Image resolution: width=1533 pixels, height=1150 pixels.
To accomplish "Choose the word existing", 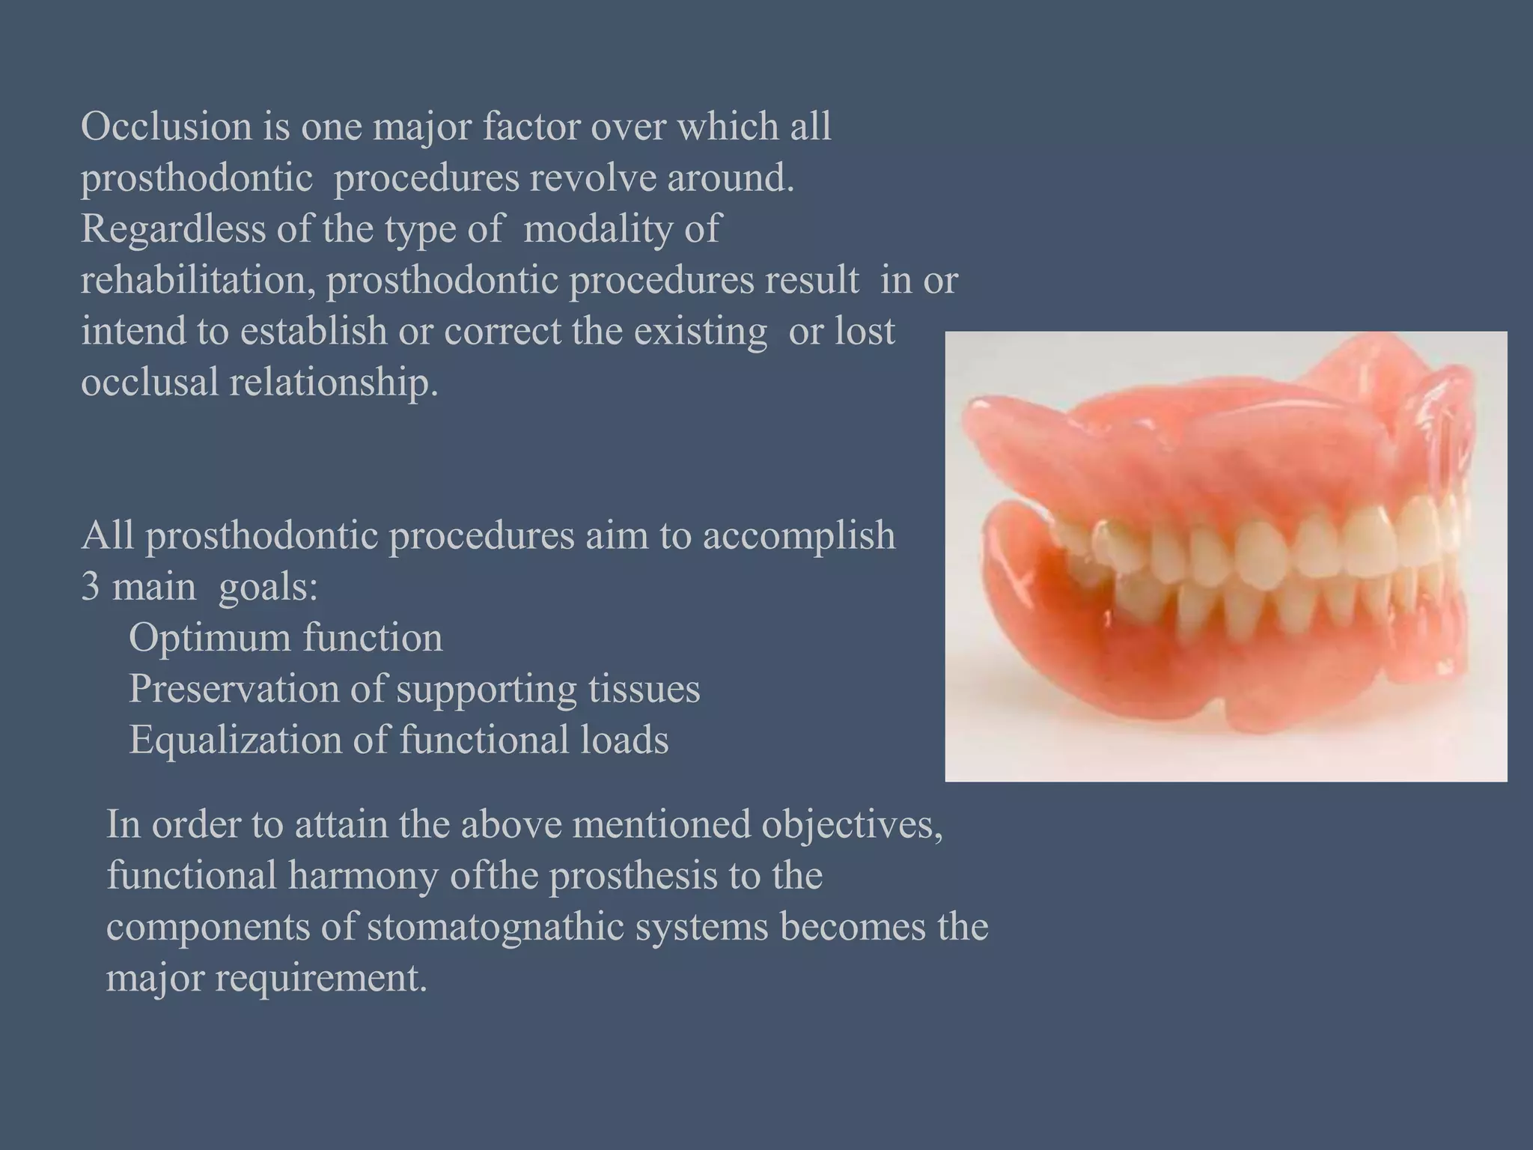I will (x=701, y=331).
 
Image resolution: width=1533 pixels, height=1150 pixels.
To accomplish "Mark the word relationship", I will (x=333, y=383).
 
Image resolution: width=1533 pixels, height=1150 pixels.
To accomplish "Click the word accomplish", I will (x=799, y=536).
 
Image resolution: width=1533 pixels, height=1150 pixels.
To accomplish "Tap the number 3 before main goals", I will (x=90, y=587).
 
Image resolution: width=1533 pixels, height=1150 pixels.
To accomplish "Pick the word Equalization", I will (x=235, y=740).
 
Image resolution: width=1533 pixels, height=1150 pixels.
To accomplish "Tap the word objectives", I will (x=852, y=825).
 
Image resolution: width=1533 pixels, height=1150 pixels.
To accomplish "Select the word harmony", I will (x=363, y=876).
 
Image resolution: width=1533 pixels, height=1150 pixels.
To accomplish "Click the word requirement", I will (x=321, y=978).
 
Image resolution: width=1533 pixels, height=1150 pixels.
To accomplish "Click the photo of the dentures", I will (x=1225, y=557).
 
